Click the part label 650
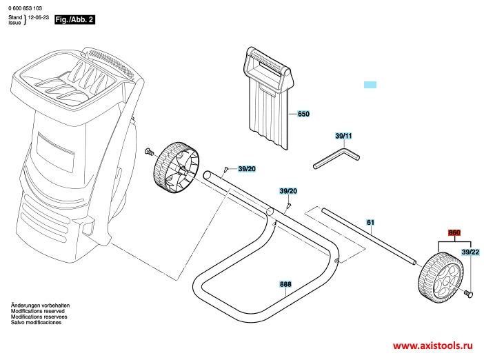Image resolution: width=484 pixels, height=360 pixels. tap(303, 114)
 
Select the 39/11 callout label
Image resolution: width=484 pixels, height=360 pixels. tap(343, 136)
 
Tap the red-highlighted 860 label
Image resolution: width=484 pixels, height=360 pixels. tap(454, 232)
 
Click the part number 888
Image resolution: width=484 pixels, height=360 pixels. tap(285, 284)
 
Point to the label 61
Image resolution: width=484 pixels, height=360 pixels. tap(370, 222)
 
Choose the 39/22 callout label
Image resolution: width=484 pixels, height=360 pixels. tap(470, 252)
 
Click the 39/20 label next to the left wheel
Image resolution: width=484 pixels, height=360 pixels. tap(247, 169)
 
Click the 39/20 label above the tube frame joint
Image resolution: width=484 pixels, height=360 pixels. tap(288, 191)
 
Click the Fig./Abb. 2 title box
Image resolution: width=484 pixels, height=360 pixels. tap(74, 19)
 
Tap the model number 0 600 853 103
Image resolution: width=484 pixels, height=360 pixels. tap(26, 8)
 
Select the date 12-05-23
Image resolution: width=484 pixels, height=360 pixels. tap(39, 17)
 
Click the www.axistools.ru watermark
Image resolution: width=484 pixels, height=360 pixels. tap(433, 346)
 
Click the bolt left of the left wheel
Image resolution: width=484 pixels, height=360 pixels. tap(149, 151)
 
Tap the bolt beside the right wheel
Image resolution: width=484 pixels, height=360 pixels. tap(469, 294)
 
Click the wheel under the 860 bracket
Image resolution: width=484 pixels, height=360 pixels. tap(441, 275)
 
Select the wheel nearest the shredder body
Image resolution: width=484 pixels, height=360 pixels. tap(176, 168)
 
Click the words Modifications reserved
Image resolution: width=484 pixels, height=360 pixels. tap(38, 311)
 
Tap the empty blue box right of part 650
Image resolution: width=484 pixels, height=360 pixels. tap(370, 85)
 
